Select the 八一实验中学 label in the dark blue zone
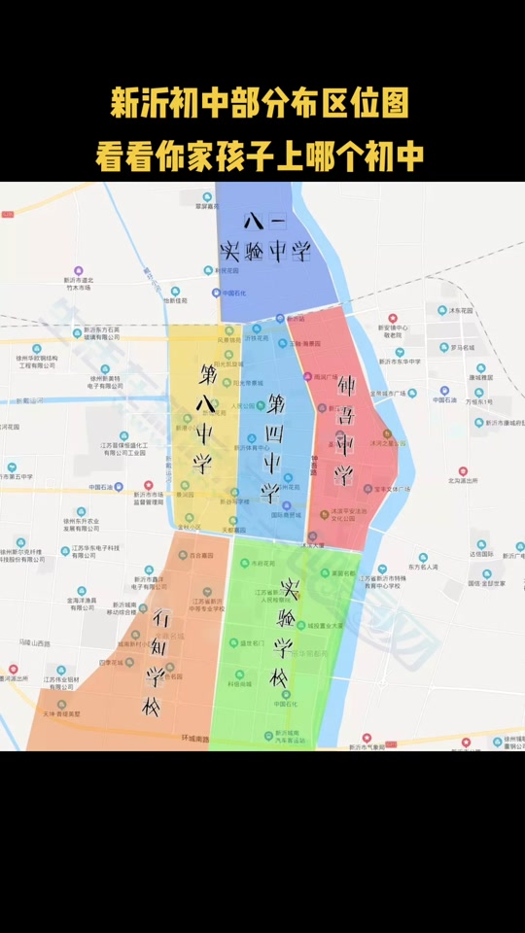coord(264,238)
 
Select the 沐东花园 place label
coord(460,310)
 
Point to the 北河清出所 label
coord(463,480)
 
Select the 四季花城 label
coord(110,662)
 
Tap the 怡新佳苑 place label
coord(175,300)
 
